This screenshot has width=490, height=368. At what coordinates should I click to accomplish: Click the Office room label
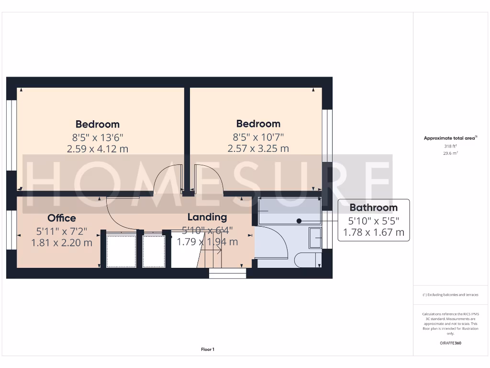point(62,218)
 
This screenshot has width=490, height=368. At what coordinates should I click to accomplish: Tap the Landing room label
point(207,217)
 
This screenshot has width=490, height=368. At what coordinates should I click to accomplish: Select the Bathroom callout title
point(373,207)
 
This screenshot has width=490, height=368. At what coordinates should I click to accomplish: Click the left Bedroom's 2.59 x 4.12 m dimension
point(98,149)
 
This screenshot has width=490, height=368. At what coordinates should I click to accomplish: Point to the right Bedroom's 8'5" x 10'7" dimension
point(258,136)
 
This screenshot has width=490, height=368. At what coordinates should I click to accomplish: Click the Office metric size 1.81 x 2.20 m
point(62,242)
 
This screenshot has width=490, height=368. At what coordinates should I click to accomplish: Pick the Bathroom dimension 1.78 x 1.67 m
point(373,233)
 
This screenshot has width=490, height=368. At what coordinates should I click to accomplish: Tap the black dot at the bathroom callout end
point(299,221)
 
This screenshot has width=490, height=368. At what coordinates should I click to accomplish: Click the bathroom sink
point(315,238)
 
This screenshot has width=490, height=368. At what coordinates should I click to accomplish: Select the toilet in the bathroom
point(306,260)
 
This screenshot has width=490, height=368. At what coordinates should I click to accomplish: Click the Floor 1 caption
point(208,349)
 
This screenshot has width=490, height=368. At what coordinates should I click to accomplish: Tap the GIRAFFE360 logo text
point(450,343)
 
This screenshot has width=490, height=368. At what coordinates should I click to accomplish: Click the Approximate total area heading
point(449,138)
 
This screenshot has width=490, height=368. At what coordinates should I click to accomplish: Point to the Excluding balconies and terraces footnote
point(450,295)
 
